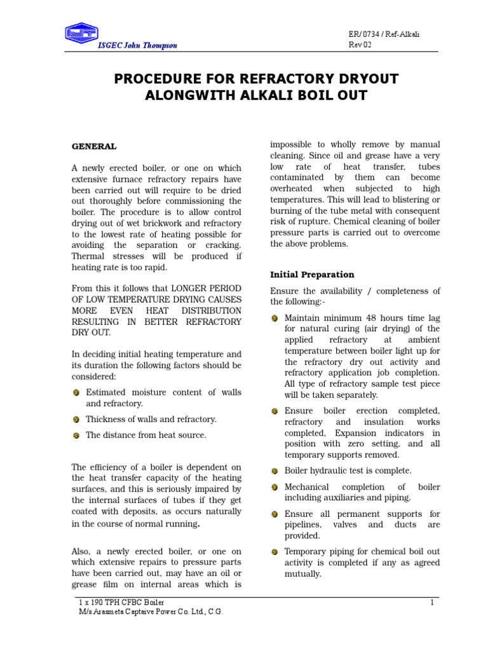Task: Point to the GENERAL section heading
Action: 93,146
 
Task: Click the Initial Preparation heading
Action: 312,275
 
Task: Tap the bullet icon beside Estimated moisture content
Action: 76,393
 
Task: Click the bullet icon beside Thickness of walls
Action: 76,420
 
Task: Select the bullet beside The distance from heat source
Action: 76,435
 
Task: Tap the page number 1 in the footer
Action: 431,603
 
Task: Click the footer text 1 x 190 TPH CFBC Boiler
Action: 120,603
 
